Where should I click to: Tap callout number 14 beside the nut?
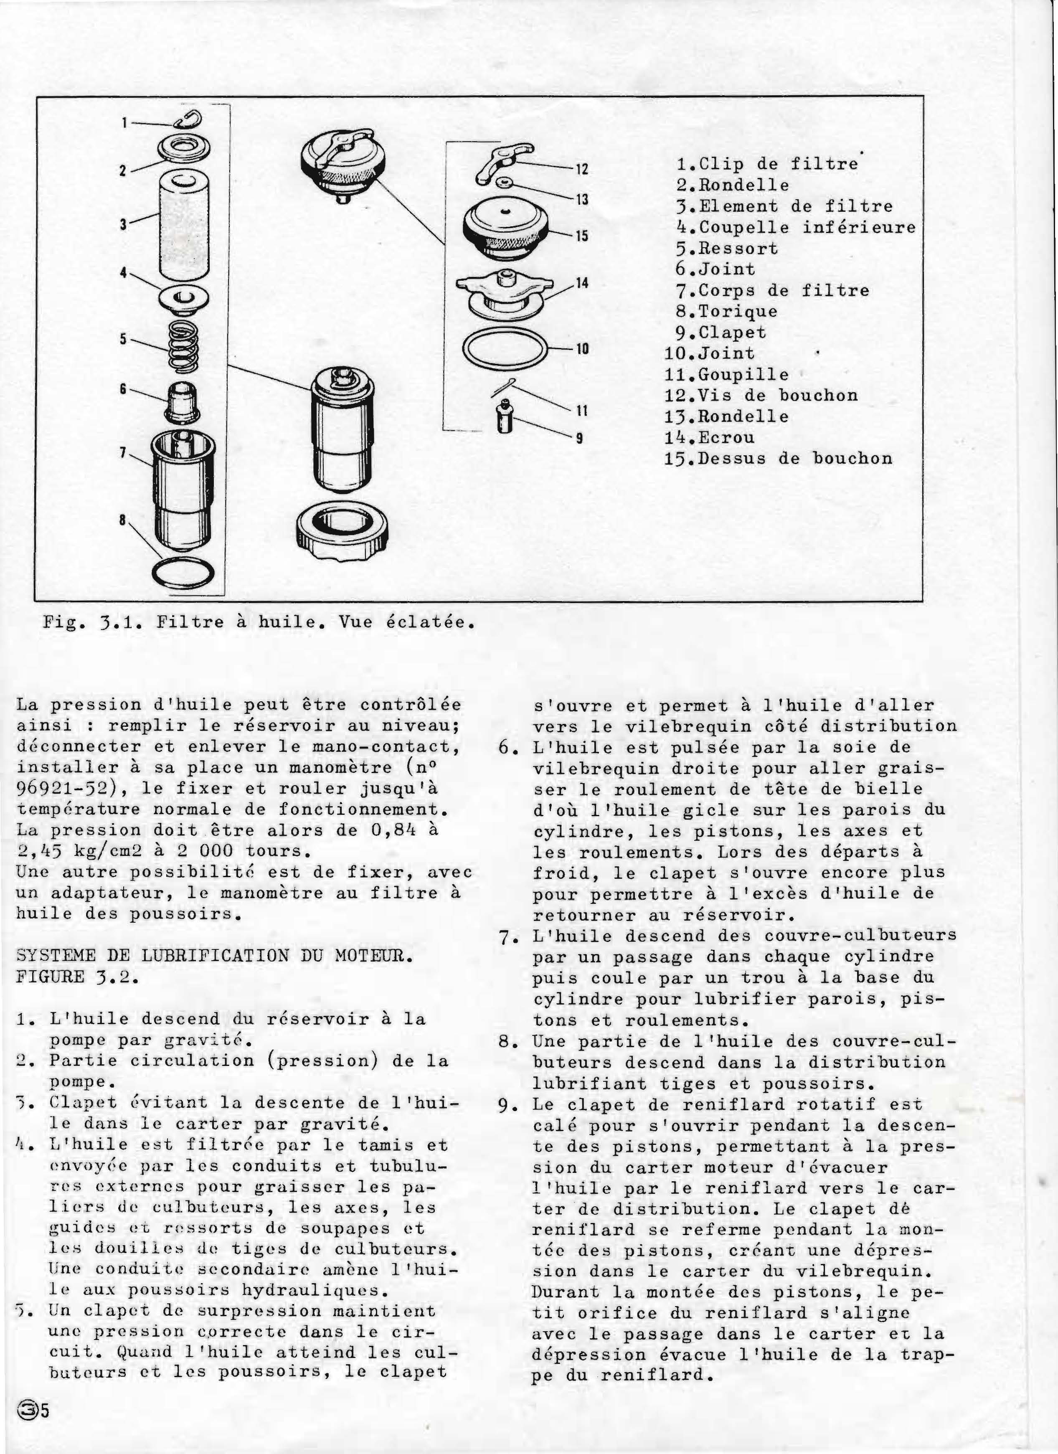click(x=581, y=283)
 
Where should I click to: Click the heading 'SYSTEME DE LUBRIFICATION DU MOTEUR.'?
click(x=214, y=956)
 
